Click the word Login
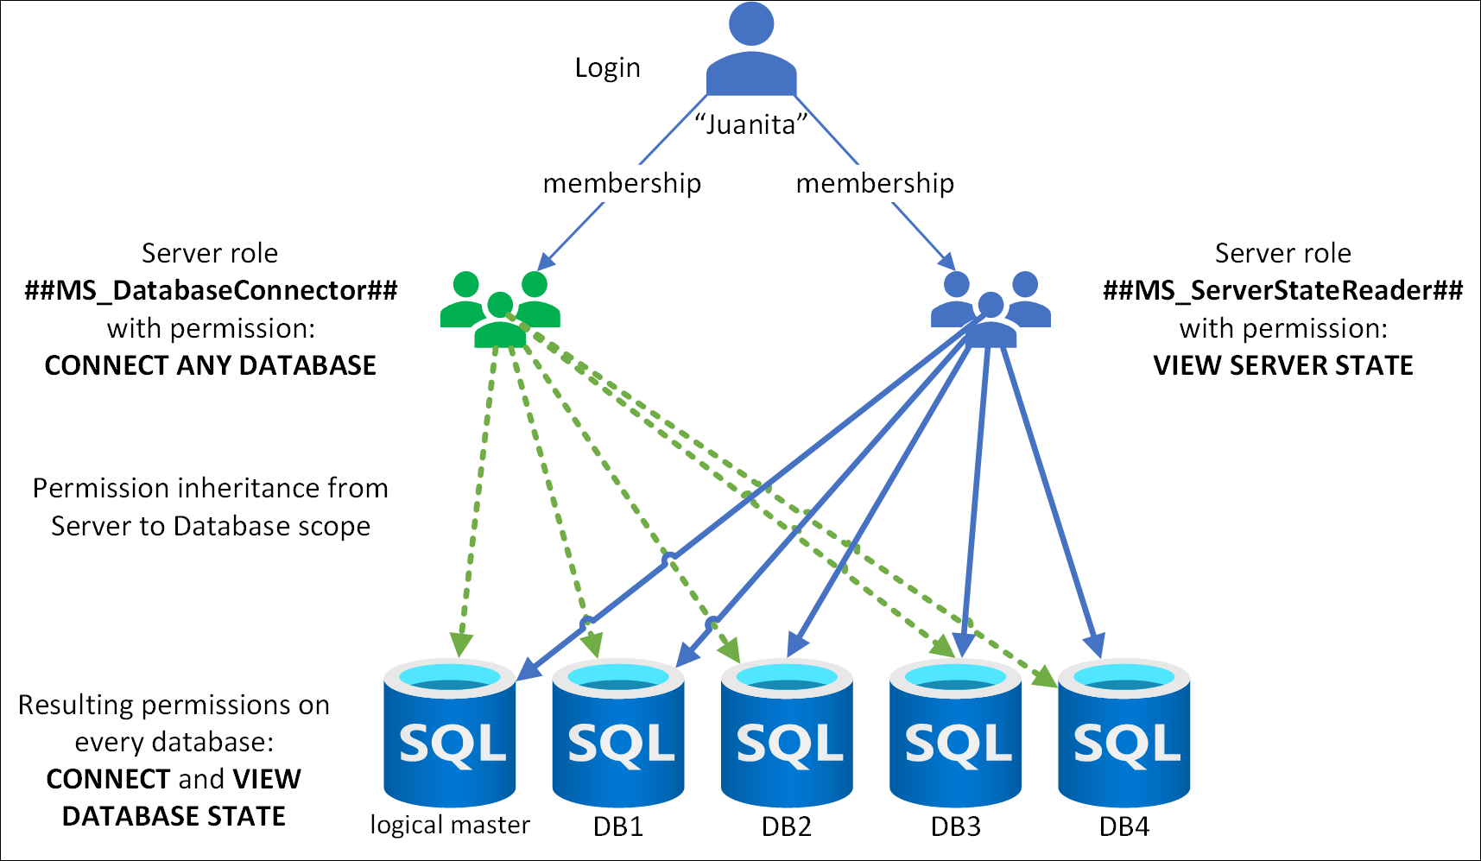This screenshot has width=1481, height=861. point(607,68)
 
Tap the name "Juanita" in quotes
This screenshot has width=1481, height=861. point(750,125)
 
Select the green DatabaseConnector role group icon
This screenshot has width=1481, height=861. point(500,308)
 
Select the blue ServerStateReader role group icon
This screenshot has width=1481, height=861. point(990,308)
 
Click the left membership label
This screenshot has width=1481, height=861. point(622,184)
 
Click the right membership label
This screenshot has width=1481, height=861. point(875,184)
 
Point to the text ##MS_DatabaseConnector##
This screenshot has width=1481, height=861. point(211,290)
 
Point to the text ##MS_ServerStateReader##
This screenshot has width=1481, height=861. point(1282,290)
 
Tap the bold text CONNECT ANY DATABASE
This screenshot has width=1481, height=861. point(211,365)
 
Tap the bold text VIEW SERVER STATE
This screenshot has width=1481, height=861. point(1282,365)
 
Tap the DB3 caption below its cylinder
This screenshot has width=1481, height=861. point(955,827)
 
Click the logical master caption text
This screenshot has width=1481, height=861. point(449,826)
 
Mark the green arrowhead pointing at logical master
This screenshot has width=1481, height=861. point(461,645)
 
